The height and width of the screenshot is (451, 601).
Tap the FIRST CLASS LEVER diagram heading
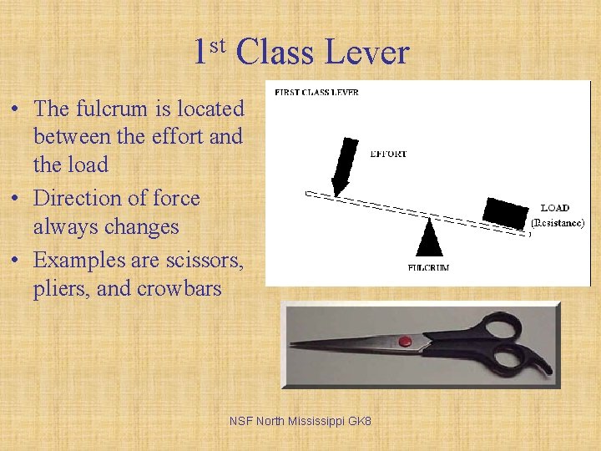pos(317,92)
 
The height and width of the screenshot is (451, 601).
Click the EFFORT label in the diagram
pos(389,154)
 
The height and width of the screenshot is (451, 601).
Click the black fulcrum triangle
pos(429,238)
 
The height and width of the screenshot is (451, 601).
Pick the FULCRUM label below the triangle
pos(428,267)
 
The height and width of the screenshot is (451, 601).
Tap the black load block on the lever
pos(507,213)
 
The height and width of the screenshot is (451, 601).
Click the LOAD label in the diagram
pos(555,208)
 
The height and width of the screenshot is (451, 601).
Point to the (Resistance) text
pos(558,224)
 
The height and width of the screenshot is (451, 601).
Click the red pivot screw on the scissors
pos(405,341)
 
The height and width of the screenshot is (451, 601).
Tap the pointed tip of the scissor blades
pos(293,343)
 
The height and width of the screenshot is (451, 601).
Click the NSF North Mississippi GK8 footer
pos(300,421)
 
